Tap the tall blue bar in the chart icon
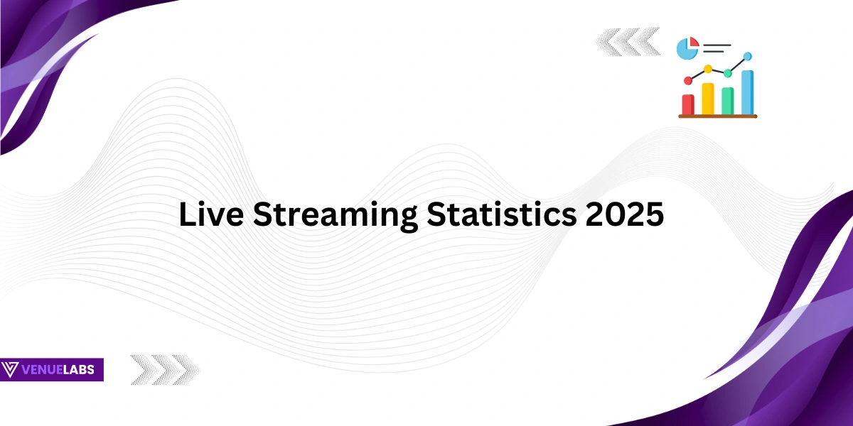[747, 92]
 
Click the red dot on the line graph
[688, 81]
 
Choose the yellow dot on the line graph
[708, 70]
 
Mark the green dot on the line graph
[728, 73]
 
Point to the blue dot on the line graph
[747, 56]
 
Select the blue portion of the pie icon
[686, 50]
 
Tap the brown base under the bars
[718, 116]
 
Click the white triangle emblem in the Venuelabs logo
[11, 370]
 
